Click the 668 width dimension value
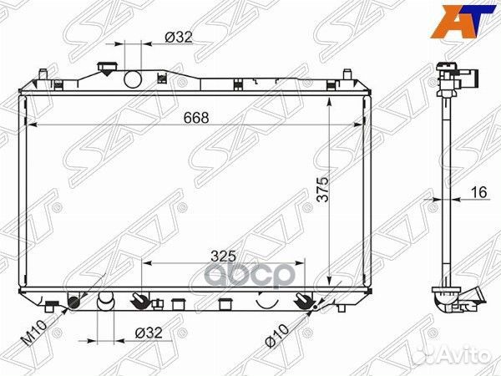[x=196, y=118]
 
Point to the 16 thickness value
[x=477, y=193]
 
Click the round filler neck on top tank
[x=134, y=79]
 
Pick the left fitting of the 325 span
[x=144, y=299]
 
